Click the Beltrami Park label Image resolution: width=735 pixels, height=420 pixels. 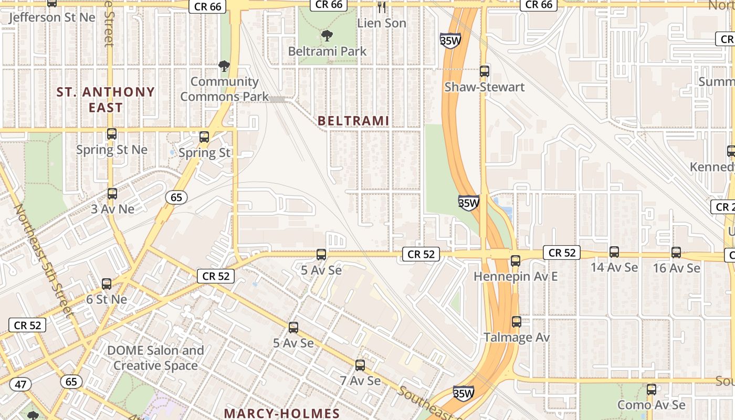[327, 51]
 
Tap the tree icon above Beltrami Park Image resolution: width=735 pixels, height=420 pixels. [327, 36]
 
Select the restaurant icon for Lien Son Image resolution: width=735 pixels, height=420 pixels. [382, 7]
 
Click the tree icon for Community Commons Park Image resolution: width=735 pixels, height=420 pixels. [224, 66]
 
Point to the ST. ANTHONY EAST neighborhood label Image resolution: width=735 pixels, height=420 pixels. [106, 100]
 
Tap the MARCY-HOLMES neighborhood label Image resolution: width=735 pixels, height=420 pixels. [282, 413]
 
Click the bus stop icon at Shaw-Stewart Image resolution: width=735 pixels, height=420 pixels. [484, 71]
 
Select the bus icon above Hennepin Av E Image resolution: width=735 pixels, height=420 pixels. [515, 260]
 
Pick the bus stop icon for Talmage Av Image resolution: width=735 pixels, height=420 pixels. [517, 322]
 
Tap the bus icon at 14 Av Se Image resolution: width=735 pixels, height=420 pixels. [614, 252]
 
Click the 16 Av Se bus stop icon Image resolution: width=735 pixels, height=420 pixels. [676, 252]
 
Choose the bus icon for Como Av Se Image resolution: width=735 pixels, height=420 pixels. [652, 390]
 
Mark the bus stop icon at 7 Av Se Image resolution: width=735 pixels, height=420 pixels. [360, 365]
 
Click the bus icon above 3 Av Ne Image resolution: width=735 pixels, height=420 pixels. [112, 194]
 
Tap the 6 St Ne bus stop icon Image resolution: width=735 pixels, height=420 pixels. [107, 284]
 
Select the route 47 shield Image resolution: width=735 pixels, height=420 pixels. [20, 384]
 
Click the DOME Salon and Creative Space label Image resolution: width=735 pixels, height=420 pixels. [155, 358]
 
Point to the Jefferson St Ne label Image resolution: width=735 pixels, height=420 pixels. [52, 17]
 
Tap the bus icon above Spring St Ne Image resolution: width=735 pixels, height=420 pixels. [112, 134]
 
